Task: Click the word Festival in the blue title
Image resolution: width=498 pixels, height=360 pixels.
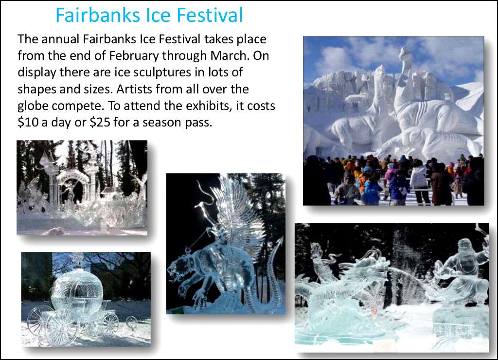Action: point(210,15)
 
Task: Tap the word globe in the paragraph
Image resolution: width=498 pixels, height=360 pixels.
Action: point(33,106)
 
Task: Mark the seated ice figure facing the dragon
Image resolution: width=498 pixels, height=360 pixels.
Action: point(462,270)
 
